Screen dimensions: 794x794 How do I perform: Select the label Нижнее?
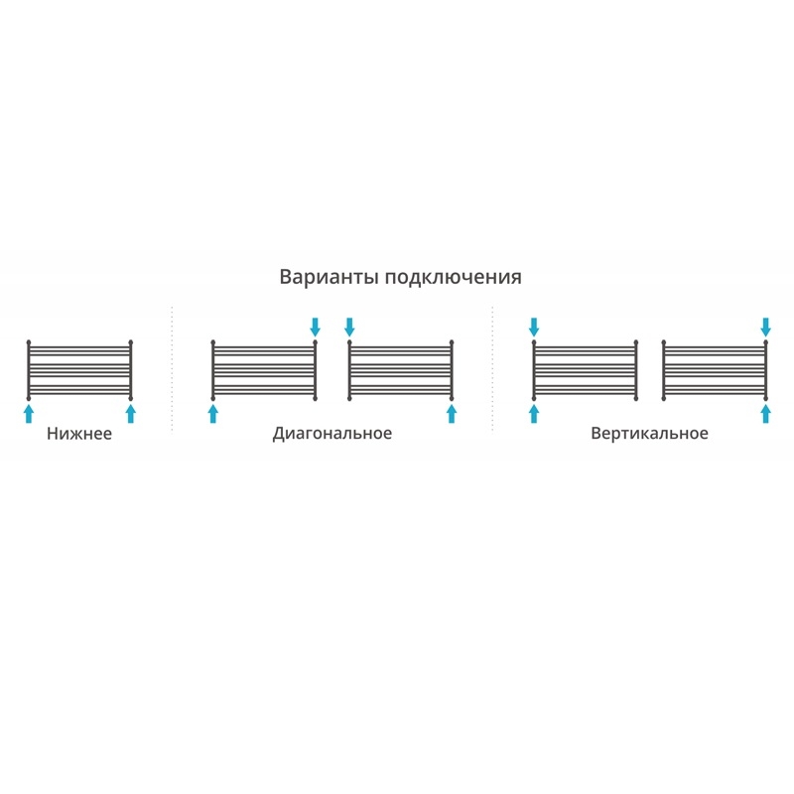[x=79, y=434]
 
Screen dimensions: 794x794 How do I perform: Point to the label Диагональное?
[x=332, y=434]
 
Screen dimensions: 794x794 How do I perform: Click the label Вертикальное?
[x=649, y=434]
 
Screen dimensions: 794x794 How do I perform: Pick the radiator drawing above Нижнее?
[x=79, y=369]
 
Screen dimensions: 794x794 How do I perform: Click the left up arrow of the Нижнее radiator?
[x=29, y=413]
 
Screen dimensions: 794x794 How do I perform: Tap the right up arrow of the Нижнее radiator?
[x=130, y=413]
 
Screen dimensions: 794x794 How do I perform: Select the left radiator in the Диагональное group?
[x=263, y=369]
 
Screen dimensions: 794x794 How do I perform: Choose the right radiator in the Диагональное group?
[x=400, y=369]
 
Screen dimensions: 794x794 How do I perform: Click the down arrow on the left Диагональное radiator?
[x=316, y=327]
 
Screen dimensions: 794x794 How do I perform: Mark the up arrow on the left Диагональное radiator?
[x=212, y=413]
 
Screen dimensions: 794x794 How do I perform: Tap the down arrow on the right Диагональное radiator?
[x=349, y=327]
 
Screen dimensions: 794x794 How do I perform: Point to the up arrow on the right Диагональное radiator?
[x=452, y=413]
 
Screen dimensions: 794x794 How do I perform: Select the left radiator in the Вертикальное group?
[x=585, y=369]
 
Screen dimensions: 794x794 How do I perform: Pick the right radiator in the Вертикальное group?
[x=714, y=369]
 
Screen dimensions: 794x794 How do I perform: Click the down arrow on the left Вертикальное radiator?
[x=534, y=327]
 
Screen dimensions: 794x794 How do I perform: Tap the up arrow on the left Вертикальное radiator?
[x=534, y=413]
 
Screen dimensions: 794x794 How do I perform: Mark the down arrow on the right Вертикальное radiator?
[x=765, y=327]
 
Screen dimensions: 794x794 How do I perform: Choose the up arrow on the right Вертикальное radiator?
[x=765, y=413]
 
